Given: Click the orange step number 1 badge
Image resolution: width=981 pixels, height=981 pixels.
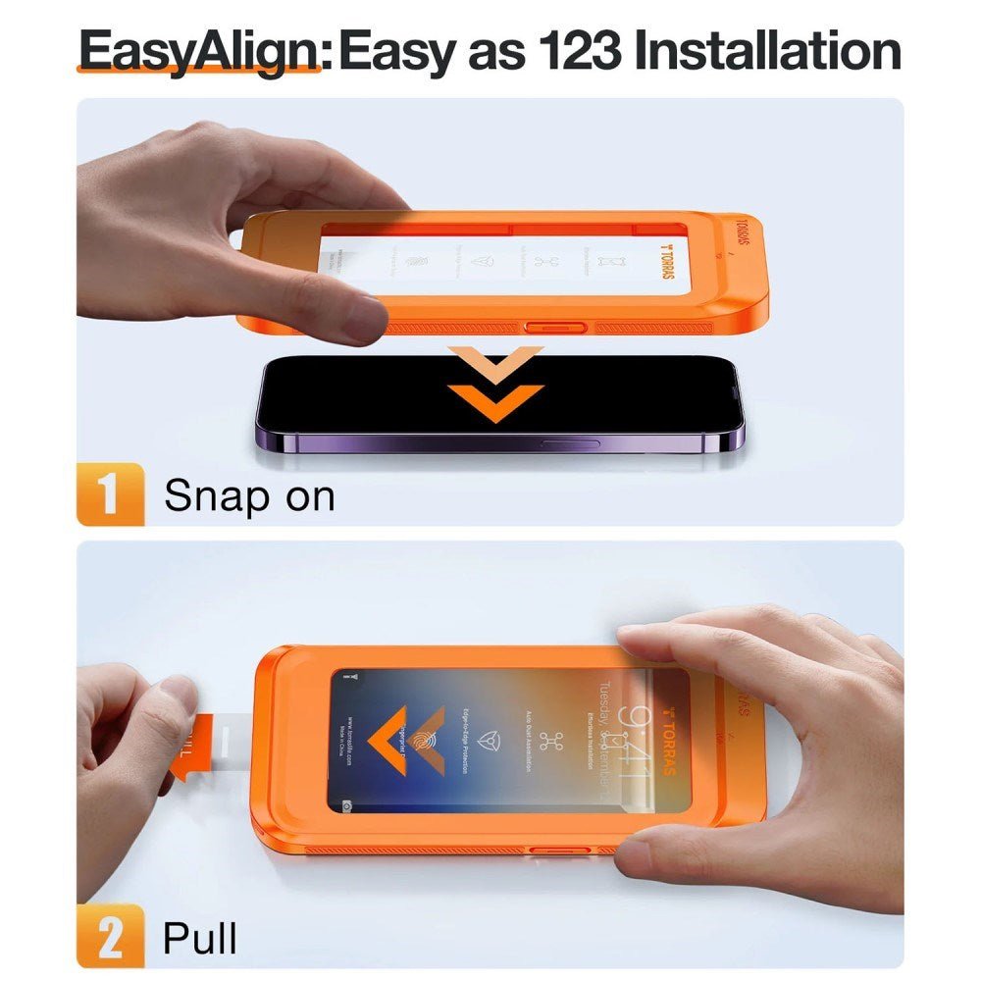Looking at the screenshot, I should click(x=109, y=495).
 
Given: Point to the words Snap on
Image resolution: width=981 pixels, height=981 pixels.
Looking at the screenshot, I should click(x=249, y=496).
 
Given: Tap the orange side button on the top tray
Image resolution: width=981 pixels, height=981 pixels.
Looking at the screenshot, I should click(x=556, y=326).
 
